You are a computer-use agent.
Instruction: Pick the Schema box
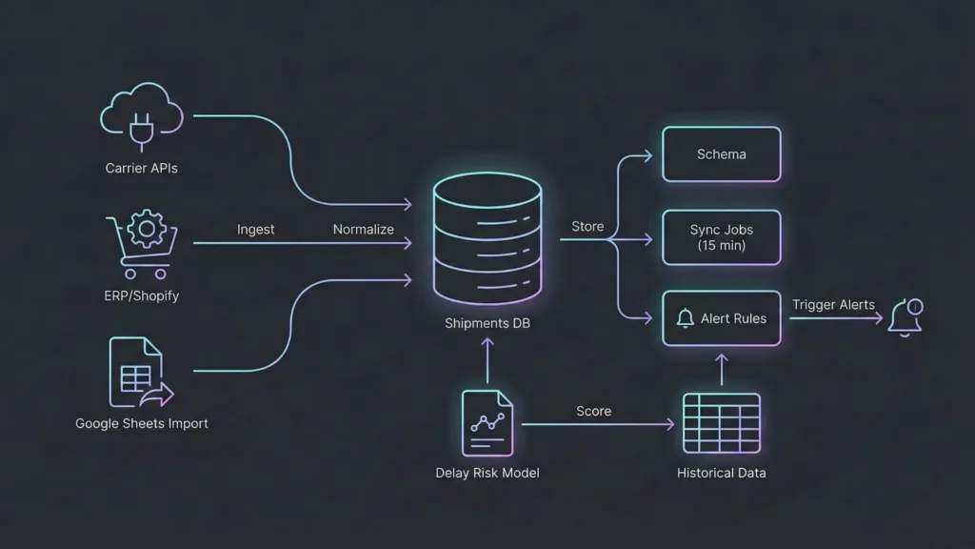coord(722,154)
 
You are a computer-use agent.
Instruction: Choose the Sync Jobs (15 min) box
coord(722,237)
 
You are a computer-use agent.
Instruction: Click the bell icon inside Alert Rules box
coord(686,319)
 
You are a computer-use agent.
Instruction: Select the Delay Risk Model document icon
coord(487,423)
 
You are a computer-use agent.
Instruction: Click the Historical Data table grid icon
coord(721,423)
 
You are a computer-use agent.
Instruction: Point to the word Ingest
coord(255,230)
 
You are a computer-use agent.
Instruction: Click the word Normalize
coord(364,230)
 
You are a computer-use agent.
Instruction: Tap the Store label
coord(587,227)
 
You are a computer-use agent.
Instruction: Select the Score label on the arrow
coord(593,411)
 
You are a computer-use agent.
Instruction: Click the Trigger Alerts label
coord(833,305)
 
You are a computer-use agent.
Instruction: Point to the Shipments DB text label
coord(487,323)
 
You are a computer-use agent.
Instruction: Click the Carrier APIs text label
coord(141,169)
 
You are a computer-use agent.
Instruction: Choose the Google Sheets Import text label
coord(141,423)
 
